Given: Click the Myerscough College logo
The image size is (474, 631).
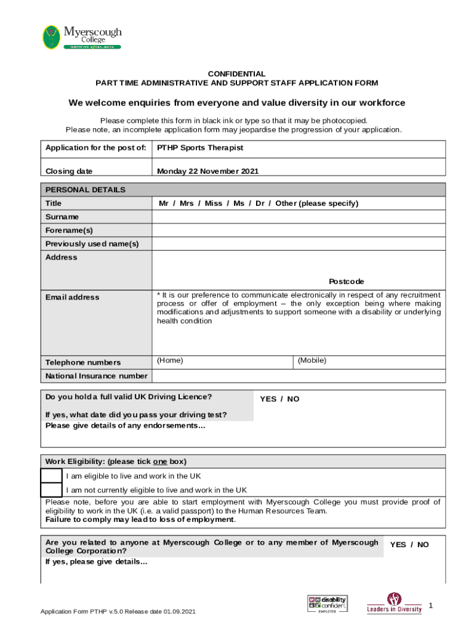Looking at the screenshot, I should tap(81, 37).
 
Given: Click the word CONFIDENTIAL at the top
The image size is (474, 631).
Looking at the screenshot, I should tap(236, 73).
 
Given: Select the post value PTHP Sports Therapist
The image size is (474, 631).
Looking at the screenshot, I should tap(200, 148).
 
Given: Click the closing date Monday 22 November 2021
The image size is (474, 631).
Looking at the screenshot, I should tap(207, 171).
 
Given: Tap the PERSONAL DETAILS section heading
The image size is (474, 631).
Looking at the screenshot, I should tap(86, 190).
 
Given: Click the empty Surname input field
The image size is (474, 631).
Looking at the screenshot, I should tap(298, 217).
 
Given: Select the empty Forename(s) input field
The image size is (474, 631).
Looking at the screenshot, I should tap(298, 230).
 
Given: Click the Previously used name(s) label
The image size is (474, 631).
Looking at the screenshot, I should tap(92, 244).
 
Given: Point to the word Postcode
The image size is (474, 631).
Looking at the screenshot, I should tap(346, 282).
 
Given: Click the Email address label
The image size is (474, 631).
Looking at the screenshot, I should tap(72, 297).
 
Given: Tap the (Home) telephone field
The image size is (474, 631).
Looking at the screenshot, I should tap(222, 362).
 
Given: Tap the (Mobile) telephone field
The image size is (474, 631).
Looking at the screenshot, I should tap(368, 362).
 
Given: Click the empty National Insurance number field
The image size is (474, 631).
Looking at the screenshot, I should tap(298, 376).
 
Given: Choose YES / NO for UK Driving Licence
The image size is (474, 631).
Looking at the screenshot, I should tap(279, 399).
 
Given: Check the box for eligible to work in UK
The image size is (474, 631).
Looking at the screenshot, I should tap(51, 476).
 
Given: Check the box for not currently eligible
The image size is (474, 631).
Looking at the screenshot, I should tap(51, 490).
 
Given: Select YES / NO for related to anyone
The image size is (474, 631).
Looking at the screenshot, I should tap(409, 545).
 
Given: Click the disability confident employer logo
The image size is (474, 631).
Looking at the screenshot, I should tap(327, 603).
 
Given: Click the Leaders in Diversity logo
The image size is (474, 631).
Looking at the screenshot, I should tap(395, 603).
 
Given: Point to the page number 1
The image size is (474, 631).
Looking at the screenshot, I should tap(431, 606).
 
